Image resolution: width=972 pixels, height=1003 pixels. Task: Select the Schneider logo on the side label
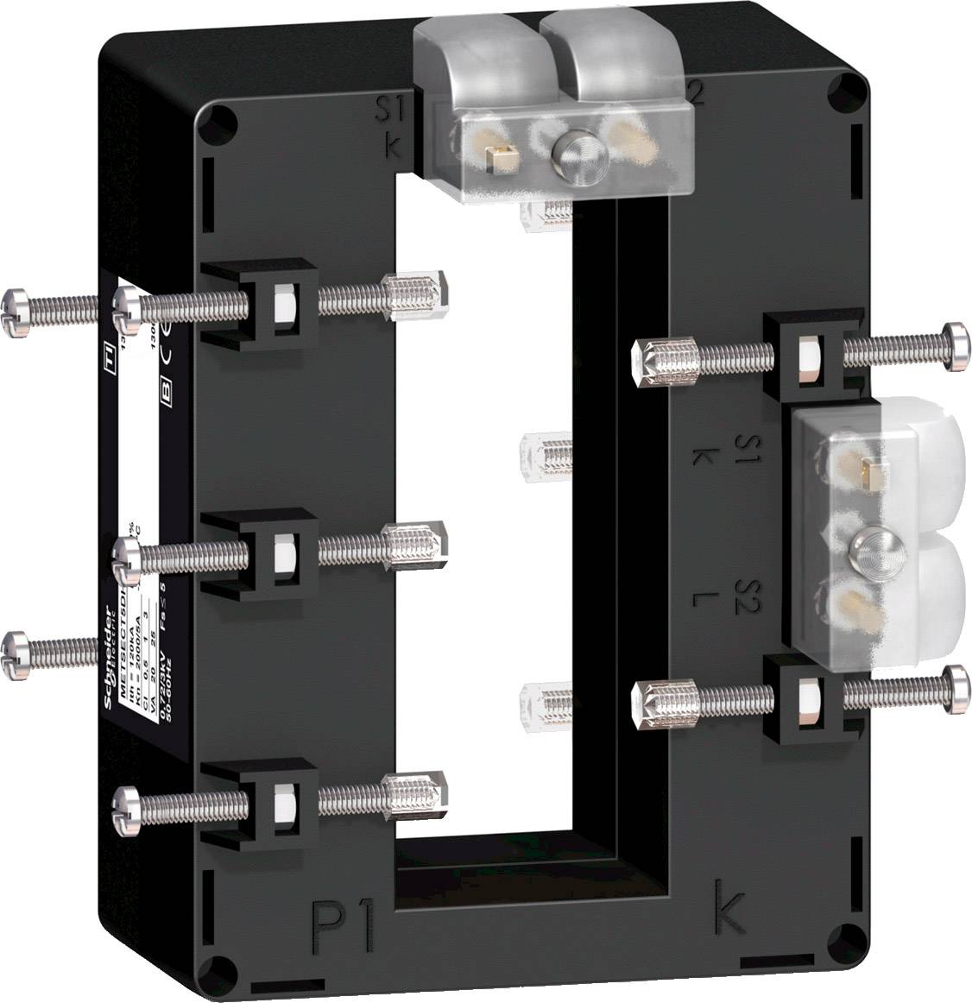click(x=110, y=656)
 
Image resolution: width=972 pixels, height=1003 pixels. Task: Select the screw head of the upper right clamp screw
click(x=955, y=347)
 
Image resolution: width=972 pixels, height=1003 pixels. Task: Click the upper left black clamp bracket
click(x=259, y=303)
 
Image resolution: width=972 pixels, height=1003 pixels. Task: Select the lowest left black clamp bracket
click(x=259, y=802)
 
